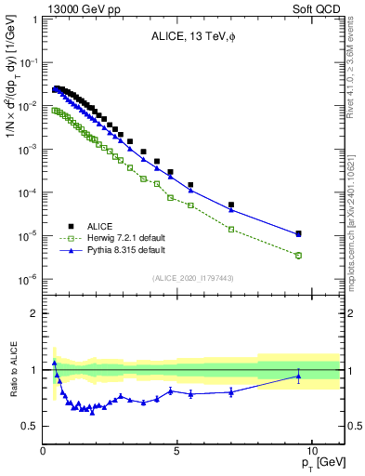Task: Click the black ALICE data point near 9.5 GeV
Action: (298, 233)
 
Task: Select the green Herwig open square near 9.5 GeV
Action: (298, 255)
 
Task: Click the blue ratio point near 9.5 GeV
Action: (298, 377)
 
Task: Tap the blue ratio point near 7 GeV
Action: (231, 391)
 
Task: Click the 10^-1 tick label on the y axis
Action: (29, 62)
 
